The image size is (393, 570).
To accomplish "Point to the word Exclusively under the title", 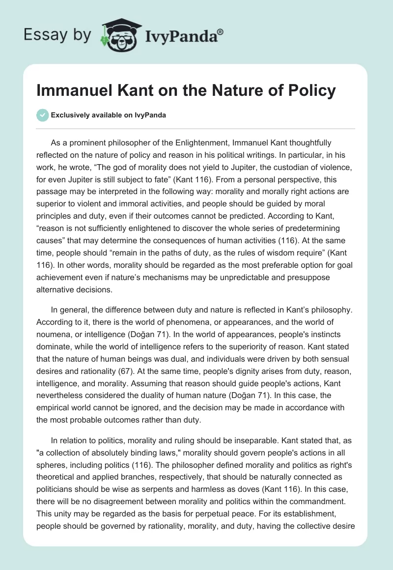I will tap(71, 115).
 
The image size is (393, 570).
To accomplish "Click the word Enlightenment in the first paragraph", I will tap(190, 142).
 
